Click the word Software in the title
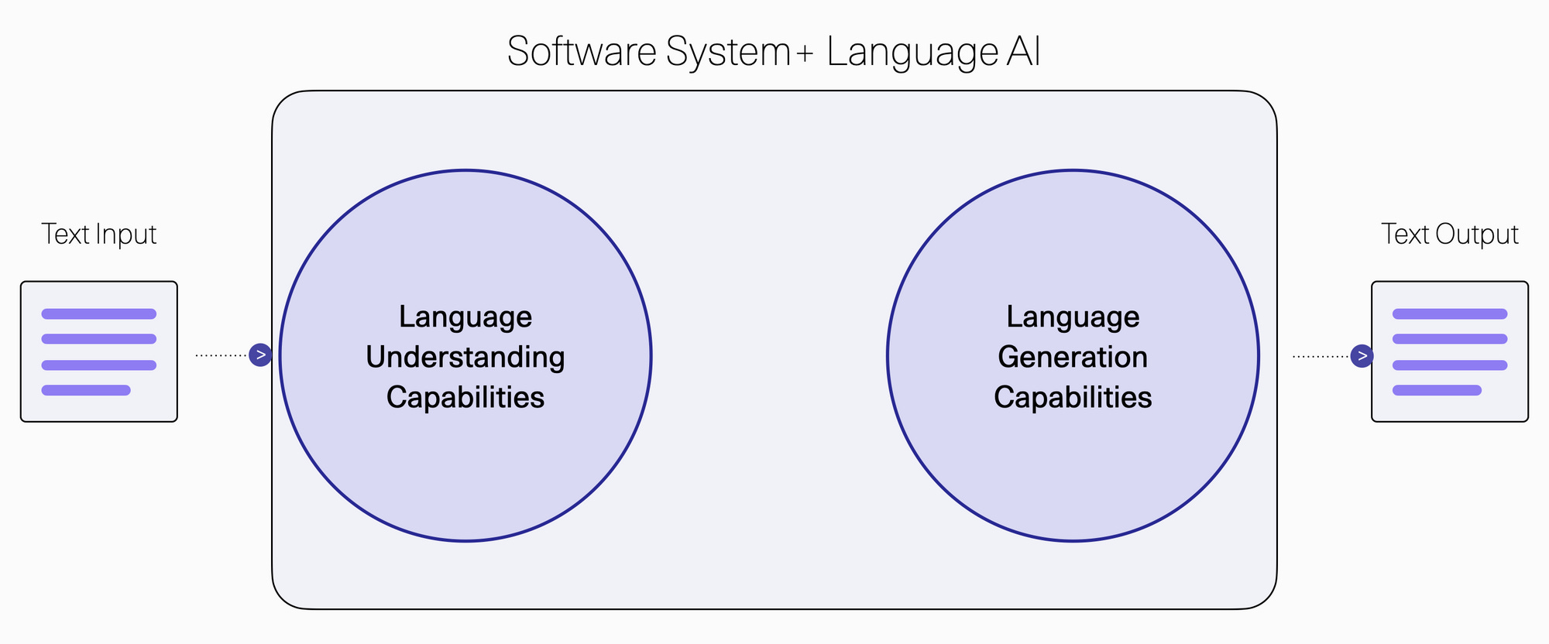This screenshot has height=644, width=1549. click(x=582, y=53)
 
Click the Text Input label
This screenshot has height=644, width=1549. click(x=99, y=235)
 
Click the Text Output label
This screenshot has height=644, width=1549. click(x=1450, y=235)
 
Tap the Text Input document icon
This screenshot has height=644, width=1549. click(x=99, y=351)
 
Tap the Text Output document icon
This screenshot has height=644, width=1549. click(x=1450, y=351)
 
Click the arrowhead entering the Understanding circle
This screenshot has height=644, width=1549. click(x=260, y=355)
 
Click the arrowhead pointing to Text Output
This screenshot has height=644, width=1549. click(x=1362, y=356)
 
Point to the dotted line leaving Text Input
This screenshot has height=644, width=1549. click(x=221, y=355)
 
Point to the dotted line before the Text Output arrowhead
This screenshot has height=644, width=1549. click(x=1321, y=356)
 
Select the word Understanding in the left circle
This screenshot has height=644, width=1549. click(x=465, y=358)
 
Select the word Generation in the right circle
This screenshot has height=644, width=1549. click(x=1073, y=358)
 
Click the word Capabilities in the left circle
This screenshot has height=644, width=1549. click(x=465, y=398)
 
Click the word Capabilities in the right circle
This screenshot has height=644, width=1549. click(x=1073, y=398)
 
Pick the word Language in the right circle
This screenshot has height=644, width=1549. click(x=1073, y=317)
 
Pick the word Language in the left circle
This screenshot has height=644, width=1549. click(x=465, y=317)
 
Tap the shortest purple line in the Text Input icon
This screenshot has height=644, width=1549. click(x=86, y=390)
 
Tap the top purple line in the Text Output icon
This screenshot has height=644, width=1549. click(x=1450, y=314)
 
